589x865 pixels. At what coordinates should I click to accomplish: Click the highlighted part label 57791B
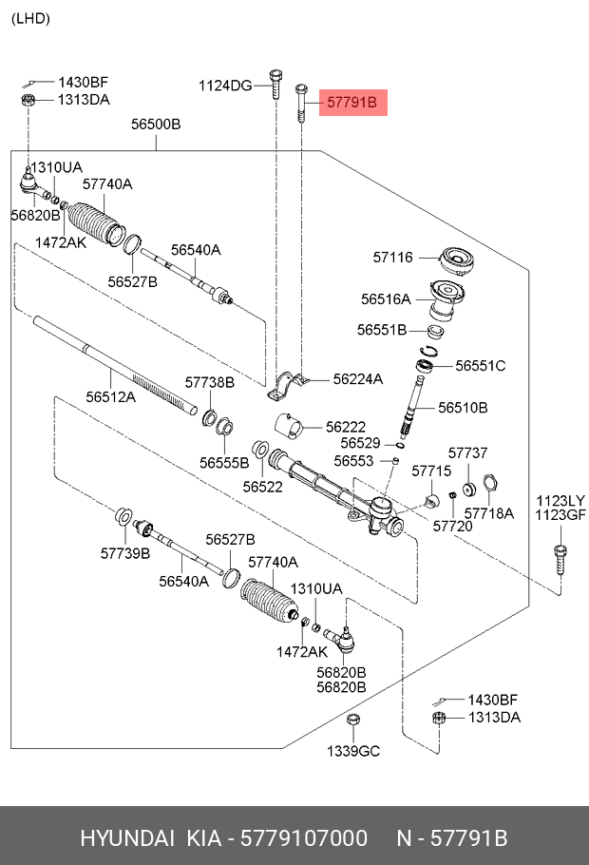[352, 101]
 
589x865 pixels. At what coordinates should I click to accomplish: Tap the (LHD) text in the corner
[31, 18]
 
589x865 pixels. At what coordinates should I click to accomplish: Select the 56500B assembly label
[156, 125]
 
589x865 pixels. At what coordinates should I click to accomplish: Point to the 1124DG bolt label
[225, 86]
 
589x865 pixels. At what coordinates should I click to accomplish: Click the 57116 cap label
[393, 257]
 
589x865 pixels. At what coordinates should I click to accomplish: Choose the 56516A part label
[386, 298]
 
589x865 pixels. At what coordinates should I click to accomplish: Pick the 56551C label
[480, 365]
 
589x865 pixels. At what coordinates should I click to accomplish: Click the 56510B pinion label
[463, 407]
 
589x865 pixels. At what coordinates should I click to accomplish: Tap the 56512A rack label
[111, 396]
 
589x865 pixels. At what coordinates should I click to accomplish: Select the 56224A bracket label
[358, 378]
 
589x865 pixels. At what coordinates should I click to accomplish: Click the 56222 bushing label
[346, 428]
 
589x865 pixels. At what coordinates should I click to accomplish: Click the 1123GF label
[560, 516]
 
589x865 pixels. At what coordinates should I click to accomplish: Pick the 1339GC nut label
[353, 751]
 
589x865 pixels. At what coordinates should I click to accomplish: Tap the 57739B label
[125, 552]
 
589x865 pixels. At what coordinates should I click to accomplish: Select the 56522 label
[262, 486]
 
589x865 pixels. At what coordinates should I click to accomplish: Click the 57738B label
[209, 382]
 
